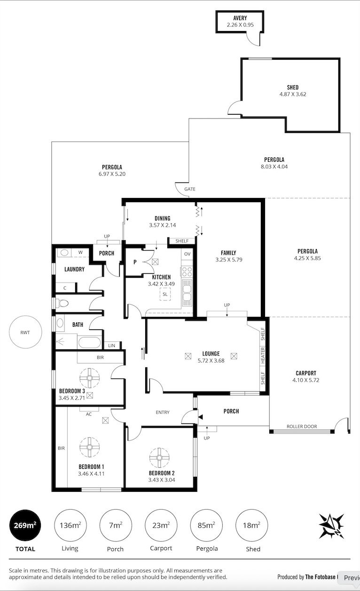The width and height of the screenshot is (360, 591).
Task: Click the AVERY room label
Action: (x=240, y=18)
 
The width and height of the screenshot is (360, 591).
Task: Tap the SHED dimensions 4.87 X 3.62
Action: (x=293, y=94)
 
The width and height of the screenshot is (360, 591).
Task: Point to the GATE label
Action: (x=190, y=189)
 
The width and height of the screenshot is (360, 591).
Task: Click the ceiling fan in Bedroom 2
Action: (x=159, y=457)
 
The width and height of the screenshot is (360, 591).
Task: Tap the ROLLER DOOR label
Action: (x=302, y=426)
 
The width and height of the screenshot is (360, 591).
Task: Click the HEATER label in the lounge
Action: (x=263, y=355)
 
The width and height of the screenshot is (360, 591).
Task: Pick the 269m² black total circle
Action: (x=25, y=526)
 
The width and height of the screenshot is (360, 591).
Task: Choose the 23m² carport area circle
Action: (x=161, y=526)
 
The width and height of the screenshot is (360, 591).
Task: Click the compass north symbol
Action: (x=331, y=526)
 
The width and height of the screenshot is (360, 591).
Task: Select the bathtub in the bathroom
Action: (x=90, y=343)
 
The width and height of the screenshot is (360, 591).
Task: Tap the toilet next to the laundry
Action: (x=62, y=303)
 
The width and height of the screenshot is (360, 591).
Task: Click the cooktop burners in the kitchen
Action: (x=187, y=272)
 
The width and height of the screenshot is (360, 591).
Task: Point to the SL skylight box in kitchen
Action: (x=165, y=294)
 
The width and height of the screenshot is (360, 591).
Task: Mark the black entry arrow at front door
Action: (x=200, y=417)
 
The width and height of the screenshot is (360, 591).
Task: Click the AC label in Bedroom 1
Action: (x=89, y=414)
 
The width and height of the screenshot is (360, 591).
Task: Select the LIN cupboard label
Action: (x=111, y=346)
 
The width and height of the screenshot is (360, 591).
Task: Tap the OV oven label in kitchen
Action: (x=187, y=254)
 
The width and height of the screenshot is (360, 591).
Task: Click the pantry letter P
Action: (x=135, y=262)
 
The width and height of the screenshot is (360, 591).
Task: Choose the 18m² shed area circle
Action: (x=251, y=526)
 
